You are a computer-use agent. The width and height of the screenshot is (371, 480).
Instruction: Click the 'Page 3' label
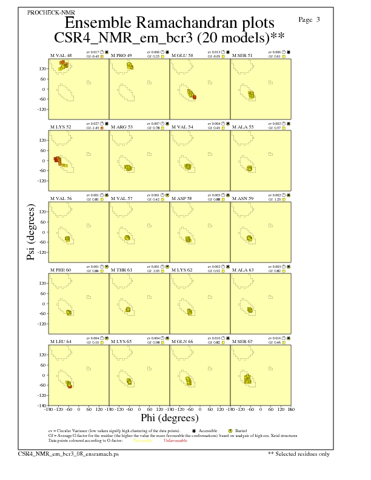click(309, 19)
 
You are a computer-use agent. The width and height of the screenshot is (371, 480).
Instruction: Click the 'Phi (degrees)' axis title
click(169, 418)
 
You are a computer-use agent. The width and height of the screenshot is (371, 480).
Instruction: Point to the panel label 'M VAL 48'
click(60, 55)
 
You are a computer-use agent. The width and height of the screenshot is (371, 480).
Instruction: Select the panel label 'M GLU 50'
click(182, 55)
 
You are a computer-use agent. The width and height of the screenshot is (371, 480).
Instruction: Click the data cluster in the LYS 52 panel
click(60, 161)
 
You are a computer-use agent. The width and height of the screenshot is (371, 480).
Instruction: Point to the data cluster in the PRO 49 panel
click(130, 65)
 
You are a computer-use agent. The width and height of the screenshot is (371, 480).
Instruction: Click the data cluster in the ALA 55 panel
click(249, 168)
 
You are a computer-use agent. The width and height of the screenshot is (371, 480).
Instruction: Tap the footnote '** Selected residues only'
click(299, 453)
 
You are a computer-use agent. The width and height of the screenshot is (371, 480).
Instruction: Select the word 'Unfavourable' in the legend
click(175, 441)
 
